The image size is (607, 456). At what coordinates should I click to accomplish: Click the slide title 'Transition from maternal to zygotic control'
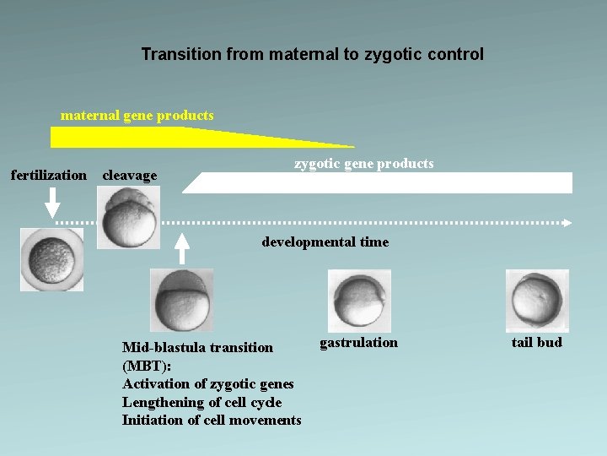[x=312, y=55]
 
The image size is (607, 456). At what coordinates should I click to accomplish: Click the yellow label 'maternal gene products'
[x=137, y=115]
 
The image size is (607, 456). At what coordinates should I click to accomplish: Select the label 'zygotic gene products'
[x=363, y=164]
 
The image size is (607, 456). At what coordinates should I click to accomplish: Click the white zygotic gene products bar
[x=379, y=183]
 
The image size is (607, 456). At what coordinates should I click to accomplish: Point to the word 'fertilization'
[x=48, y=176]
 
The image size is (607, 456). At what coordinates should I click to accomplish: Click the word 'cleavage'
[x=129, y=176]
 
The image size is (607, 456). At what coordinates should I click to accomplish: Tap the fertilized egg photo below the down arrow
[x=52, y=259]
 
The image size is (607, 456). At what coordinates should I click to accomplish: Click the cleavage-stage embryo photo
[x=127, y=217]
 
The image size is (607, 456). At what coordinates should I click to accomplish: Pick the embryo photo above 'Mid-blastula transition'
[x=181, y=300]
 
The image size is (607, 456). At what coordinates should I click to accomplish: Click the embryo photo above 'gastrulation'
[x=358, y=300]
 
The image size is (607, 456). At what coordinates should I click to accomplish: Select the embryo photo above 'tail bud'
[x=537, y=300]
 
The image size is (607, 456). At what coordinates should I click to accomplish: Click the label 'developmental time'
[x=325, y=242]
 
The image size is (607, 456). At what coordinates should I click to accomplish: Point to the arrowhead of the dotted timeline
[x=567, y=223]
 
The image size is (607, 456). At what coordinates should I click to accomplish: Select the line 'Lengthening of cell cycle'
[x=201, y=403]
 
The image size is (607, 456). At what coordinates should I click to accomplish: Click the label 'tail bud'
[x=537, y=343]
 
